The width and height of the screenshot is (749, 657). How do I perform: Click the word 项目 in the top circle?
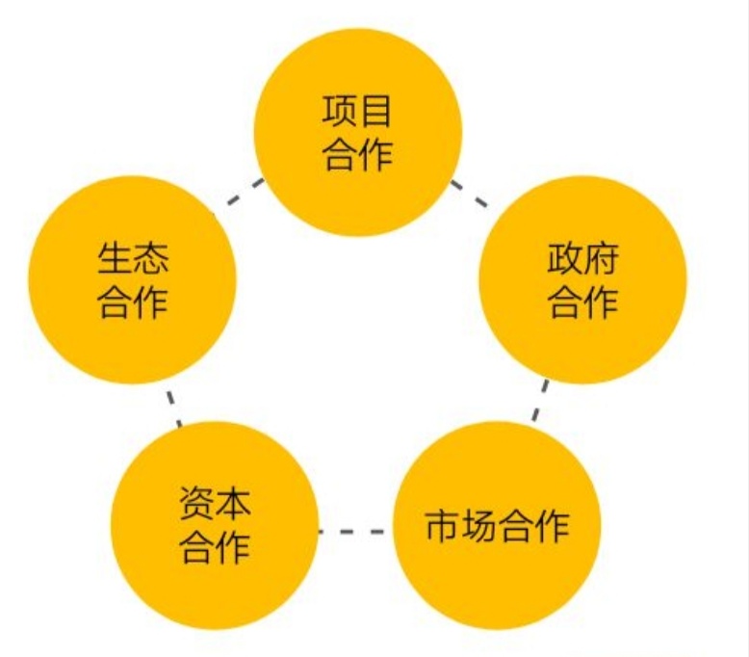pyautogui.click(x=357, y=112)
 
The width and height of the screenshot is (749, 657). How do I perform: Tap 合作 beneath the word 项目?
pyautogui.click(x=357, y=155)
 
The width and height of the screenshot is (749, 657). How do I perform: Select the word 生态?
pyautogui.click(x=133, y=258)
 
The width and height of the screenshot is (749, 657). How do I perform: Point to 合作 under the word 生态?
pyautogui.click(x=133, y=302)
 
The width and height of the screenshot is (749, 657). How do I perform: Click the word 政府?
pyautogui.click(x=582, y=258)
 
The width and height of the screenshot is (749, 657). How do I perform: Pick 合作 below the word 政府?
pyautogui.click(x=582, y=302)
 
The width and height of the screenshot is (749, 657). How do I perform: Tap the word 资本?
pyautogui.click(x=215, y=503)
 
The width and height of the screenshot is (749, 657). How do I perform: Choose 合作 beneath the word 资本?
pyautogui.click(x=215, y=547)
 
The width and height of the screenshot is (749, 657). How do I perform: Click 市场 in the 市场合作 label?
pyautogui.click(x=460, y=526)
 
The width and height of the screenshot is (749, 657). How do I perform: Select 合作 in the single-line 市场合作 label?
pyautogui.click(x=533, y=526)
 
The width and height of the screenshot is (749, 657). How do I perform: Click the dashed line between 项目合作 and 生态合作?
pyautogui.click(x=245, y=192)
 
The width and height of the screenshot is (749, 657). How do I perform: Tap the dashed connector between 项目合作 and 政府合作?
pyautogui.click(x=470, y=194)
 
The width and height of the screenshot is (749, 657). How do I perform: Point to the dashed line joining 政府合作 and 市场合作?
pyautogui.click(x=540, y=401)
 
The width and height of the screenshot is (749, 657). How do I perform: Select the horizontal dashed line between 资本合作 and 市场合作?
pyautogui.click(x=351, y=531)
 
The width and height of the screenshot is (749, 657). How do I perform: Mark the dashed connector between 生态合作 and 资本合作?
pyautogui.click(x=174, y=408)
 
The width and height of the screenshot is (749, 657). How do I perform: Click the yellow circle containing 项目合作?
pyautogui.click(x=358, y=132)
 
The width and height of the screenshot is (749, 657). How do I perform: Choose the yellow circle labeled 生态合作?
pyautogui.click(x=133, y=280)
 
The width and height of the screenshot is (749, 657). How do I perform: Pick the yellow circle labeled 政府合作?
pyautogui.click(x=582, y=280)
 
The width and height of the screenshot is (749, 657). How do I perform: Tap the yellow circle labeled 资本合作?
pyautogui.click(x=215, y=526)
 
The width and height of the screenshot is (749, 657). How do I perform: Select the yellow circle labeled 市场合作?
pyautogui.click(x=497, y=526)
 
